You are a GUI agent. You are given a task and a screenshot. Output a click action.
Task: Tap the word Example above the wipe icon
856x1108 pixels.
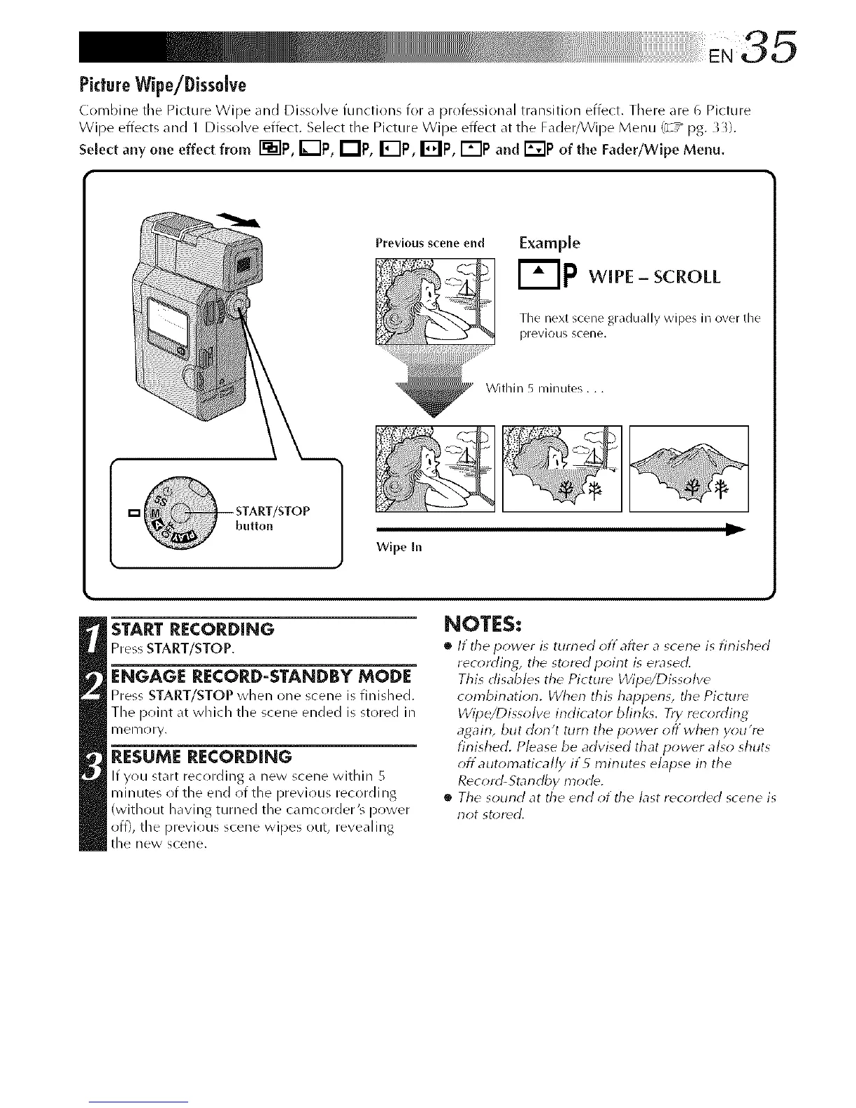pos(549,243)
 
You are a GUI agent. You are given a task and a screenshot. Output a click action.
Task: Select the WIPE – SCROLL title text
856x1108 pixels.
pos(655,277)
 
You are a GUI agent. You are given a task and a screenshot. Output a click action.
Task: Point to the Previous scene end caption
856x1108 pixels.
pos(429,243)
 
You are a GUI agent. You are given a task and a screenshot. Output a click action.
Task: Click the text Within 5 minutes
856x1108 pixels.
pos(543,389)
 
